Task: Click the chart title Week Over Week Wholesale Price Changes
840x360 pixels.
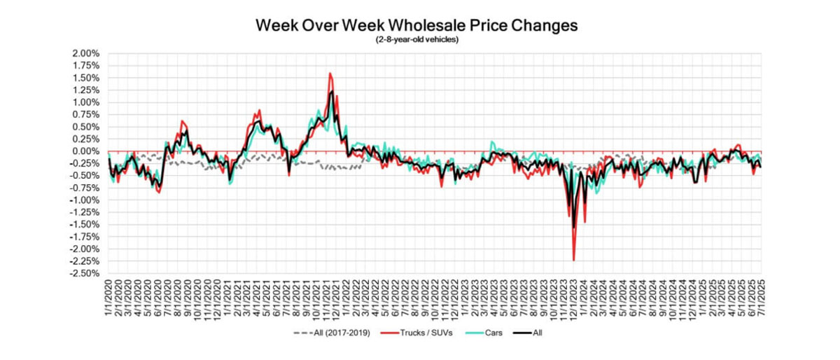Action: pyautogui.click(x=416, y=26)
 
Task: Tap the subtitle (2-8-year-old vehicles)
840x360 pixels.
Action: pyautogui.click(x=416, y=40)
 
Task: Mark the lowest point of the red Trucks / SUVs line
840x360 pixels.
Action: pyautogui.click(x=574, y=261)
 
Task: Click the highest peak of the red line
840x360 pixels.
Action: pyautogui.click(x=330, y=74)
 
